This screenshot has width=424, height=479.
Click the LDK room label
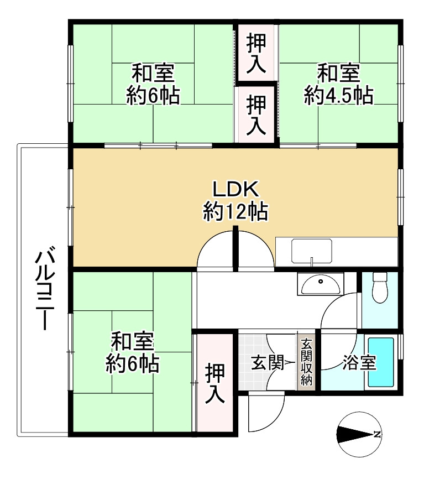(x=235, y=189)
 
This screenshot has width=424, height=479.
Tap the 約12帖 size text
(x=235, y=211)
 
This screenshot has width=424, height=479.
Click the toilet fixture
(x=380, y=287)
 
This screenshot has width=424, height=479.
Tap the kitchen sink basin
(x=311, y=251)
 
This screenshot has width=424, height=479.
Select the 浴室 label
(x=359, y=362)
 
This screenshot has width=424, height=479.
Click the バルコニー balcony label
(x=45, y=290)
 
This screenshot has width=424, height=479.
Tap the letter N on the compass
(x=378, y=434)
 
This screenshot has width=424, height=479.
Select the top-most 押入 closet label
(x=256, y=54)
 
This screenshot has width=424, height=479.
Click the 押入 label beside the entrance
(x=215, y=383)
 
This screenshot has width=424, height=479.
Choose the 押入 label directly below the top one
(x=256, y=115)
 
